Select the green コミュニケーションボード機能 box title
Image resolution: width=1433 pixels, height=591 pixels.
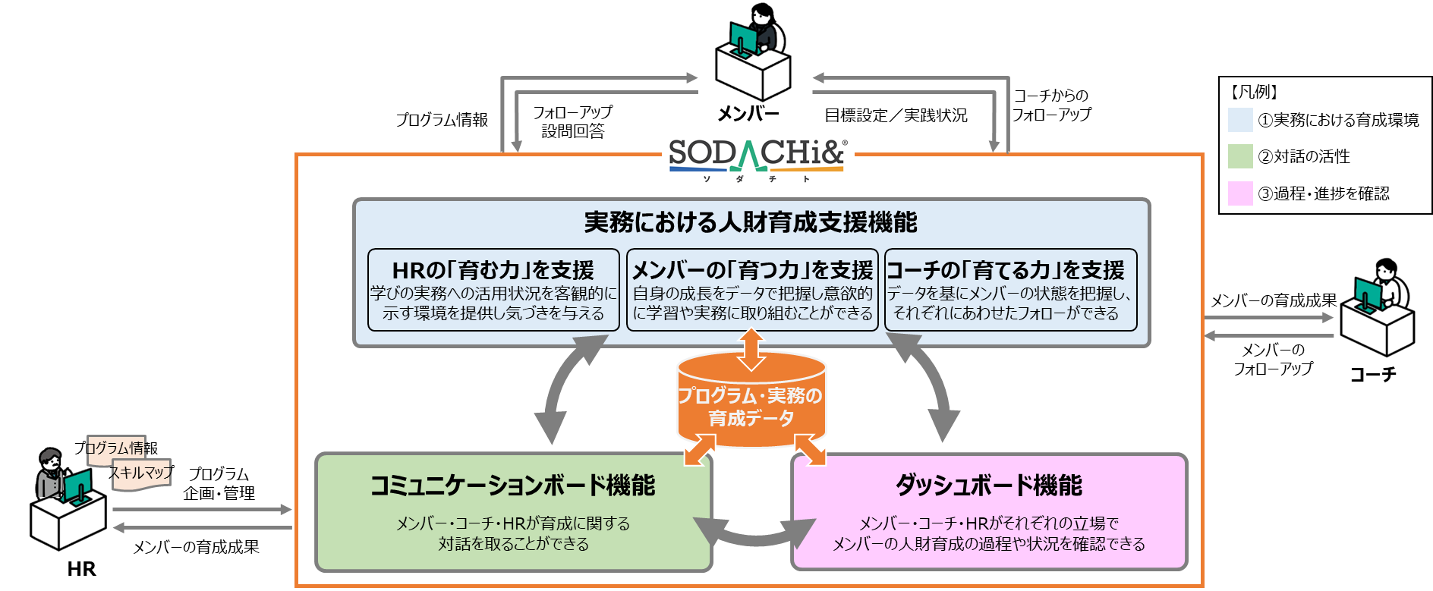click(x=512, y=486)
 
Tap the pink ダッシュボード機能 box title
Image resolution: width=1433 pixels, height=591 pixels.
click(x=989, y=486)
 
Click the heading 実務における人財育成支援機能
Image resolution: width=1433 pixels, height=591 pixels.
click(x=751, y=222)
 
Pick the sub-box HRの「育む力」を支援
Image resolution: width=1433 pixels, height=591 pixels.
click(x=493, y=291)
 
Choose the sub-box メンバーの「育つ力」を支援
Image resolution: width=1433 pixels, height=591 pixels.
click(x=752, y=291)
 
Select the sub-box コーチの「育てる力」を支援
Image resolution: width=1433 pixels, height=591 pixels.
click(x=1010, y=291)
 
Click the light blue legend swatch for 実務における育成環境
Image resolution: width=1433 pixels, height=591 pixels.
click(x=1240, y=120)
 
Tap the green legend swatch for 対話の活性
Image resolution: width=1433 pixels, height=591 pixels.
click(x=1240, y=156)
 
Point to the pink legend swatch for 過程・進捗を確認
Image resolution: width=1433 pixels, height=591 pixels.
click(x=1240, y=193)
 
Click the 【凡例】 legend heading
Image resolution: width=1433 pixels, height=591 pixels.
click(x=1253, y=93)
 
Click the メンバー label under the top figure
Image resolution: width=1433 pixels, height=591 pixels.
click(x=748, y=114)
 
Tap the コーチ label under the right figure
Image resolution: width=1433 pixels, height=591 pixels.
click(x=1373, y=374)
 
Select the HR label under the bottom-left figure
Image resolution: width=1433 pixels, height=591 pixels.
click(x=81, y=569)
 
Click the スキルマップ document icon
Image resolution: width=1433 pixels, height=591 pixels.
click(x=142, y=473)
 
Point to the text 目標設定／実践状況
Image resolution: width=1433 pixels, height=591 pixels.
click(x=896, y=115)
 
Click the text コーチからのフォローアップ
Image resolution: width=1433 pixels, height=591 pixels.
click(x=1051, y=105)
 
